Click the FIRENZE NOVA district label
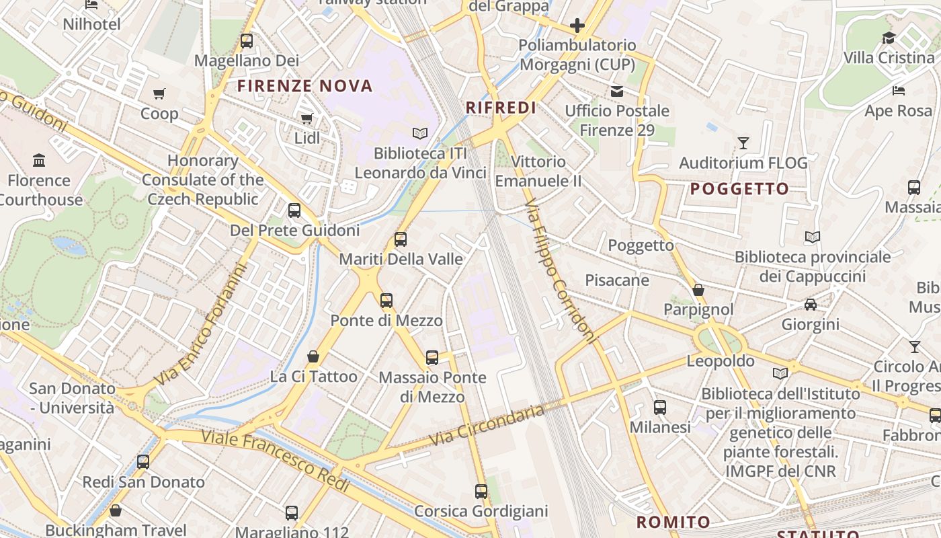pos(304,86)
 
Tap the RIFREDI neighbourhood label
pos(501,108)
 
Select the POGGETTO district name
pos(739,189)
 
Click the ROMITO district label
pos(673,522)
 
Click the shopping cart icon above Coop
pos(159,93)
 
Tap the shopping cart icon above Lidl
pos(307,118)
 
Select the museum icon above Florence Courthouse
pos(39,160)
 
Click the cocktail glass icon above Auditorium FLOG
pos(743,143)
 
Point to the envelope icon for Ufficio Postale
pos(616,91)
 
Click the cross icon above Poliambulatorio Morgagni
pos(577,26)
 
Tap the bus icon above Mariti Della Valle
pos(401,239)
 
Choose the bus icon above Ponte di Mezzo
pos(386,300)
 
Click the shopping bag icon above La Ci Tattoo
pos(313,356)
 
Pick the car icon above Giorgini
pos(811,304)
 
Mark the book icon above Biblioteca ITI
pos(420,133)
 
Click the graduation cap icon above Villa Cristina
pos(889,38)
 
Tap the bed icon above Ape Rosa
pos(899,90)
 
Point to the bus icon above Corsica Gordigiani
pos(481,491)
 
